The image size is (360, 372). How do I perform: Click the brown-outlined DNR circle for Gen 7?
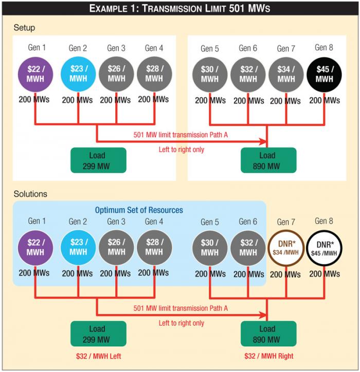(x=285, y=248)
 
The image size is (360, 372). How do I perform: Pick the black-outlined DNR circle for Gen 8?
(x=323, y=248)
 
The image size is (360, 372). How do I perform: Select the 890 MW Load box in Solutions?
(x=267, y=334)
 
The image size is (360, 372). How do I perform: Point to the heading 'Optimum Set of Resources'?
(x=139, y=210)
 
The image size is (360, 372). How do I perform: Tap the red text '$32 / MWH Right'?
(x=269, y=356)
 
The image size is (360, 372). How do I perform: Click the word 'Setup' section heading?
(x=24, y=27)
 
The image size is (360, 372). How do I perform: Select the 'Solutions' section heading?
(x=30, y=194)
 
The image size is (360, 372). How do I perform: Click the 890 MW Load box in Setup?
(x=267, y=160)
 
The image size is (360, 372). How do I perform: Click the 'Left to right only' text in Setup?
(x=181, y=150)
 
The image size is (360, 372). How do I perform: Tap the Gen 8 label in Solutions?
(x=324, y=221)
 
